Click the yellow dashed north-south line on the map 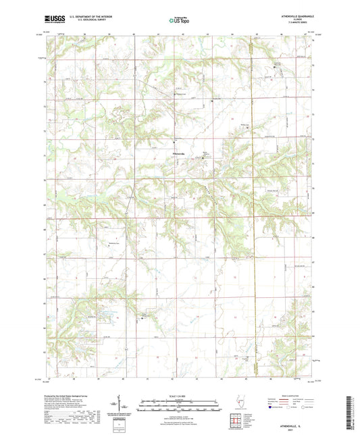point(250,203)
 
